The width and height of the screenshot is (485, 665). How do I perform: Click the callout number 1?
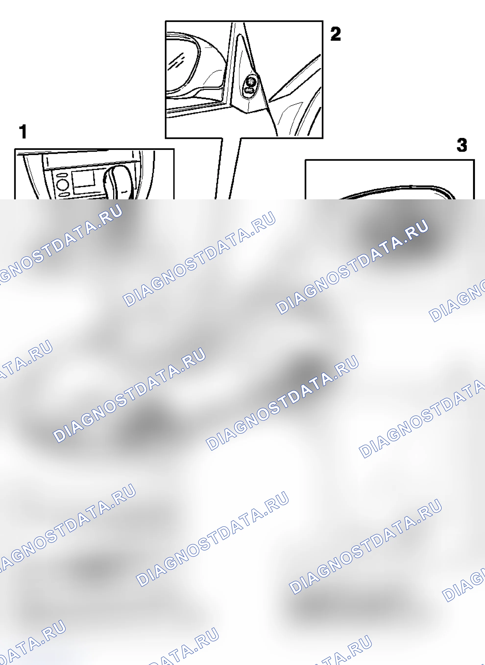coord(23,132)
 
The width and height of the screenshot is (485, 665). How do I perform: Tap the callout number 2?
coord(336,34)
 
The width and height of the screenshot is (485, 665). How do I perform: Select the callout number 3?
coord(461,145)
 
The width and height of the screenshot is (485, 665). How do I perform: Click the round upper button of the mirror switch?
coord(250,80)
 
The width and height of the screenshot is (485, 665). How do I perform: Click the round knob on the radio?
coord(62,185)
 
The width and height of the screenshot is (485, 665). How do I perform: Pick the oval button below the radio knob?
coord(63,194)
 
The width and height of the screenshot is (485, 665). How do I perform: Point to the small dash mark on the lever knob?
coord(125,192)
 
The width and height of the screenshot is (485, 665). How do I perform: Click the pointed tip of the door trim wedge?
coord(269,101)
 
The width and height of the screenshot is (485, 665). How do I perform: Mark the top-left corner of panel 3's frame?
coord(306,160)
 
